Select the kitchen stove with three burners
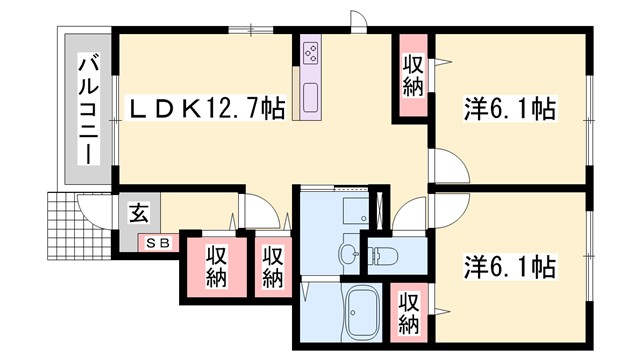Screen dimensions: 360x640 [x=310, y=50]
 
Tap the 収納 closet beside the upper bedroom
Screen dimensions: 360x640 [x=412, y=75]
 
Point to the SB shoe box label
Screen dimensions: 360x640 [x=159, y=241]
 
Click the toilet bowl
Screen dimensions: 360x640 [x=384, y=257]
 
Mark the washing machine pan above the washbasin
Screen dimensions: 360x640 [x=355, y=211]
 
